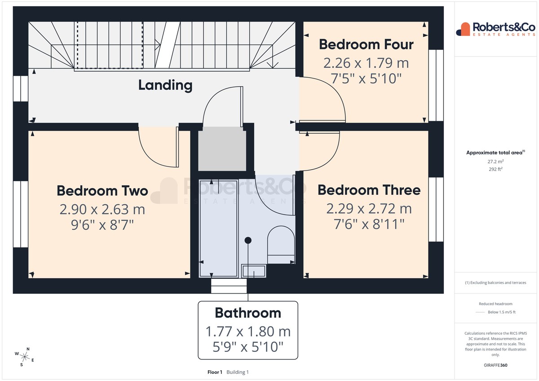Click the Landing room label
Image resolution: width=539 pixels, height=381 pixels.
165,85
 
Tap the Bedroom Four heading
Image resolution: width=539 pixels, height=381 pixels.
366,44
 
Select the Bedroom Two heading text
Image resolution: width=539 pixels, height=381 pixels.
102,191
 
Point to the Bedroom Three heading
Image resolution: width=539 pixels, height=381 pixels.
369,190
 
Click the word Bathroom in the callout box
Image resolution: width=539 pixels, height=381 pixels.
248,313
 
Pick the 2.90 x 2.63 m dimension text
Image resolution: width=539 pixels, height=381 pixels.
102,210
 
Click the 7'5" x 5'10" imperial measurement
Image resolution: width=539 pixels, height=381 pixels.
366,79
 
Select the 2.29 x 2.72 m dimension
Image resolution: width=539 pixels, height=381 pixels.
369,209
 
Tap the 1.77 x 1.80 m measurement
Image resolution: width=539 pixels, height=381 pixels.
248,332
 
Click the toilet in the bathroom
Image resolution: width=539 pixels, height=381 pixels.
281,244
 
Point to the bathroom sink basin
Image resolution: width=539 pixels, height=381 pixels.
254,271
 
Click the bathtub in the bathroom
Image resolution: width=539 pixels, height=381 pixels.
218,228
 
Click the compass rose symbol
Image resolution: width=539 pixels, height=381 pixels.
25,357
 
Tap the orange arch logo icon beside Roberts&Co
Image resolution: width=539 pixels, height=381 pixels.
463,29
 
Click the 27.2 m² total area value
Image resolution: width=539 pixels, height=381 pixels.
495,162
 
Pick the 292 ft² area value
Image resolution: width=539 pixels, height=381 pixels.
495,169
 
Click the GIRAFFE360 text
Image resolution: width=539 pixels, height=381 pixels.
495,365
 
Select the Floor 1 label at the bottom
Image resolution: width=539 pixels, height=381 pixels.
215,372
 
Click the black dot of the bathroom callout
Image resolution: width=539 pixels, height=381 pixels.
248,240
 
